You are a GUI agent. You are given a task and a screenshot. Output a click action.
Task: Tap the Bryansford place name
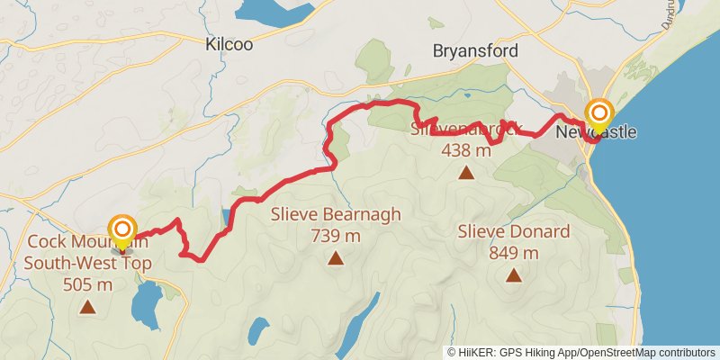coord(475,50)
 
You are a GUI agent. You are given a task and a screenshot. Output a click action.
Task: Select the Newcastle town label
coord(596,132)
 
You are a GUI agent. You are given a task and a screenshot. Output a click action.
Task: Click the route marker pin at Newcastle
coord(599,114)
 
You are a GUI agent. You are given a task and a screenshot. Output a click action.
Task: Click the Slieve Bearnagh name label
coord(336,217)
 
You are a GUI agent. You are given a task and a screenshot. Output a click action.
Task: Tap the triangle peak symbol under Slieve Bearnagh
coord(336,259)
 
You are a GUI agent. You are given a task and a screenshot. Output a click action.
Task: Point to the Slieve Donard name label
coord(513,232)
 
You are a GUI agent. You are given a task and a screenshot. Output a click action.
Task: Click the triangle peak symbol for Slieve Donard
coord(513,275)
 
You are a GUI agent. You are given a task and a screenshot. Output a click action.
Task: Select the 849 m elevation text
coord(513,253)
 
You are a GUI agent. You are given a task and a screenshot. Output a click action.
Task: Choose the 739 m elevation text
coord(336,237)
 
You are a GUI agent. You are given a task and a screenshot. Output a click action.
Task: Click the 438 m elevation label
coord(466,150)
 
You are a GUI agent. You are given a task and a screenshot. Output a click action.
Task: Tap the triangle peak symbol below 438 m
coord(466,172)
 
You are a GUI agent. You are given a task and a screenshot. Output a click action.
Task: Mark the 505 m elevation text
coord(88,284)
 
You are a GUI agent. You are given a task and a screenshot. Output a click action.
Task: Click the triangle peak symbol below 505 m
coord(87,307)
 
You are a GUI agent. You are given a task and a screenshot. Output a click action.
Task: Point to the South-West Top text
coord(88,264)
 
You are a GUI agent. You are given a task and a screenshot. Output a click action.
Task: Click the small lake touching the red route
coord(224,217)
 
